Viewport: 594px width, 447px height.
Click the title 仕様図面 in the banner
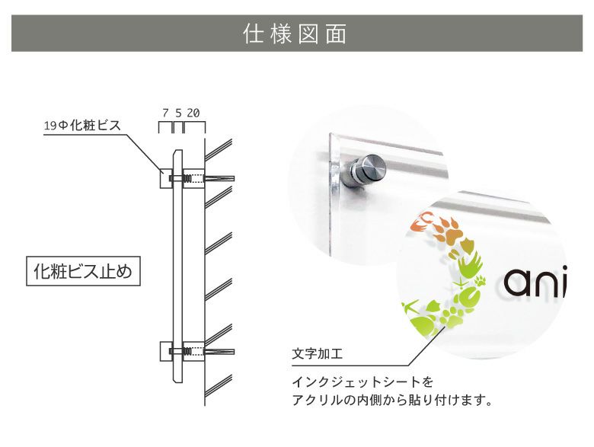296,34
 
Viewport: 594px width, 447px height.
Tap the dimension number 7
165,112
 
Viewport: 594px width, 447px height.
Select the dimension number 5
178,112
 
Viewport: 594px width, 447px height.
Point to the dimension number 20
193,112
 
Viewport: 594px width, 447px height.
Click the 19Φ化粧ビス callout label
81,126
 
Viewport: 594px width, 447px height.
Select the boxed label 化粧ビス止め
84,271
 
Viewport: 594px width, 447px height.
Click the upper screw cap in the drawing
166,179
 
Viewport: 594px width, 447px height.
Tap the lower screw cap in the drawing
166,352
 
